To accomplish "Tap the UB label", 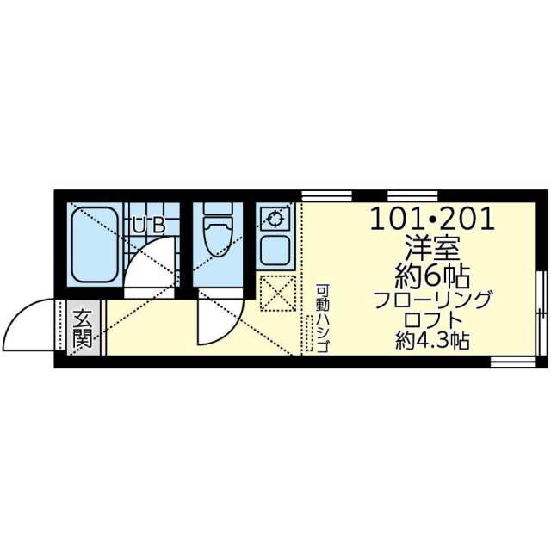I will tap(148, 226).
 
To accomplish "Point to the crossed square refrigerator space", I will tap(277, 293).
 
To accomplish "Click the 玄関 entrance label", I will tap(83, 328).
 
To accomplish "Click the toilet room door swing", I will tap(215, 319).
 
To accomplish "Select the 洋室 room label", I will tap(432, 250).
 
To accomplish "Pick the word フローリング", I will tap(432, 301).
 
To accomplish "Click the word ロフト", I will tap(432, 321).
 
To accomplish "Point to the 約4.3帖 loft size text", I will tap(432, 341).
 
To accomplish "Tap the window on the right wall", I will tap(542, 310).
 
